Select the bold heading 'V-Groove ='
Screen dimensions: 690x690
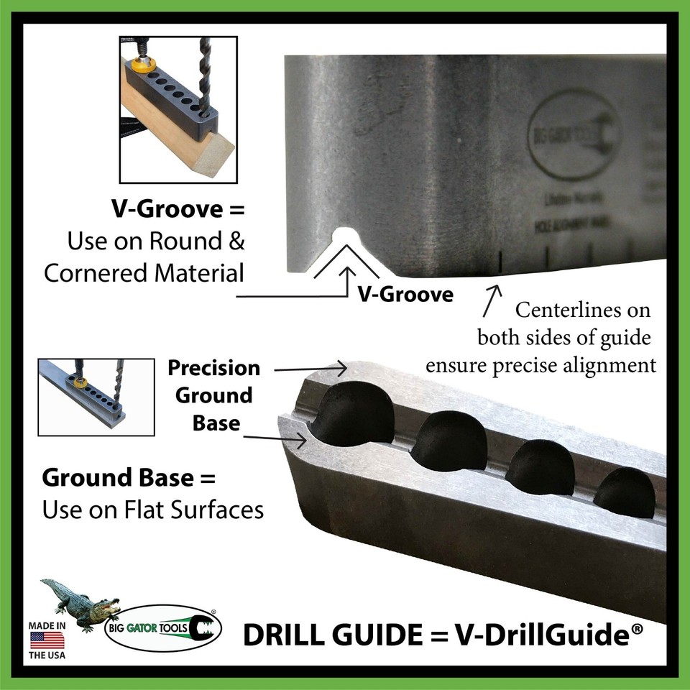(x=178, y=211)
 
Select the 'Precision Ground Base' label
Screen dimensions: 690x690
(x=213, y=395)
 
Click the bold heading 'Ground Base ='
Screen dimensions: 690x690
(x=129, y=477)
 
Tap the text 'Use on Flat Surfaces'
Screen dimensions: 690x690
(x=152, y=510)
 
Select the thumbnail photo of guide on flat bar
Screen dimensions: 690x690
(x=96, y=396)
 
